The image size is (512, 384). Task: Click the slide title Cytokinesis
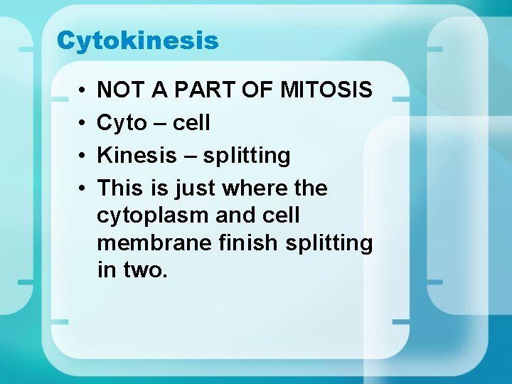click(x=137, y=41)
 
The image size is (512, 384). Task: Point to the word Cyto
click(x=122, y=124)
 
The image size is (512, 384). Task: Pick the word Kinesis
click(x=136, y=156)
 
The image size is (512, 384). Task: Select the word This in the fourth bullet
click(x=121, y=188)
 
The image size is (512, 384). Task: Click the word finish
click(x=247, y=243)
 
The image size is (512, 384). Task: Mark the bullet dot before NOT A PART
click(x=82, y=91)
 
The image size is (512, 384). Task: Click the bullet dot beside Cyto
click(x=82, y=124)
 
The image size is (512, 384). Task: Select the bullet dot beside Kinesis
click(x=82, y=156)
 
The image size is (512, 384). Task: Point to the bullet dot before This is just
click(x=82, y=188)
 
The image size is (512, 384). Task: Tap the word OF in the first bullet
click(x=257, y=90)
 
